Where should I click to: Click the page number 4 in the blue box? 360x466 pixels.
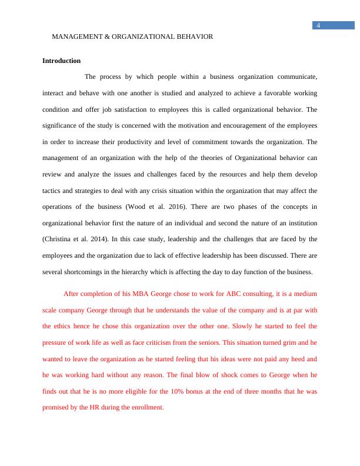pos(318,25)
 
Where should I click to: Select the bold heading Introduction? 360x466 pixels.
pos(61,61)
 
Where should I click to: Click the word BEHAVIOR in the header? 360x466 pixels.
pos(192,36)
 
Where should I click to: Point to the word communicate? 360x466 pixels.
pos(296,76)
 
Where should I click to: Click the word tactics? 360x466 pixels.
pos(52,191)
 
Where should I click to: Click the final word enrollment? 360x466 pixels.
pos(146,407)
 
